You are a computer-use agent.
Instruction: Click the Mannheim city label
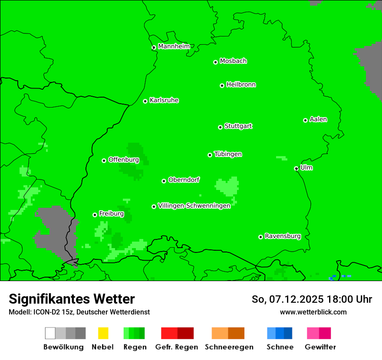click(174, 46)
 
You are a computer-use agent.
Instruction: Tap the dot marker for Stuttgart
click(220, 127)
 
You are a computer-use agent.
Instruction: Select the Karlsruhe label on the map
click(164, 100)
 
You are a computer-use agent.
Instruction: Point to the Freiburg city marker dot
click(95, 215)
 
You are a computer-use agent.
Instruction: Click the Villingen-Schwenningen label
click(194, 206)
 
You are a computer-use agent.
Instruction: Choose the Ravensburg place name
click(283, 236)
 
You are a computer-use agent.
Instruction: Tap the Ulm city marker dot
click(296, 169)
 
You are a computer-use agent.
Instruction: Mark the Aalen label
click(318, 119)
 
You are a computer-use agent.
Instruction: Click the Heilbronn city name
click(241, 85)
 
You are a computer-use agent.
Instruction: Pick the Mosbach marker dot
click(215, 62)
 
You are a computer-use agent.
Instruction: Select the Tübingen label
click(228, 154)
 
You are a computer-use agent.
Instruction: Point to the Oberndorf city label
click(184, 180)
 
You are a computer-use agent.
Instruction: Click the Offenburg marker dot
click(104, 160)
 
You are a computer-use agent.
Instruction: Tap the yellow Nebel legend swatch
click(103, 333)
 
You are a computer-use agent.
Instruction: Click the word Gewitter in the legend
click(320, 347)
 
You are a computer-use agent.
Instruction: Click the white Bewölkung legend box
click(50, 333)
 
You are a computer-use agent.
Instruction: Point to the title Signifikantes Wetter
click(72, 299)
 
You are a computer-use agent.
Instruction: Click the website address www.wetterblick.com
click(313, 312)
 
